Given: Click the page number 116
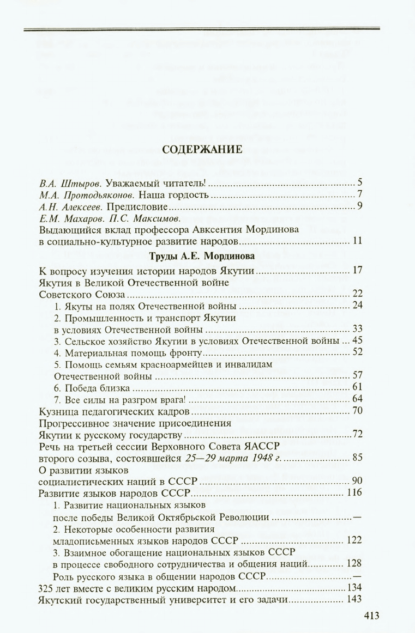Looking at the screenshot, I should tap(354, 493).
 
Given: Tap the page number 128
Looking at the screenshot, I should tap(354, 563).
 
